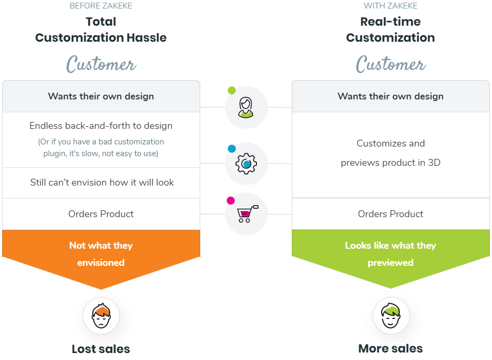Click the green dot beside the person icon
pyautogui.click(x=231, y=90)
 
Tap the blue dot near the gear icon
pyautogui.click(x=231, y=149)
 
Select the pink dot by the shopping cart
pyautogui.click(x=231, y=201)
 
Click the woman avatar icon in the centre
pyautogui.click(x=246, y=107)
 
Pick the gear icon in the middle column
pyautogui.click(x=246, y=164)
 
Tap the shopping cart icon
pyautogui.click(x=246, y=214)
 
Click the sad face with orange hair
pyautogui.click(x=101, y=316)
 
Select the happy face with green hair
pyautogui.click(x=391, y=316)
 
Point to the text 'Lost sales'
pyautogui.click(x=101, y=349)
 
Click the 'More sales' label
pyautogui.click(x=390, y=349)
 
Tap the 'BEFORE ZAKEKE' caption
pyautogui.click(x=101, y=6)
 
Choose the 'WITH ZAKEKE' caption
pyautogui.click(x=390, y=6)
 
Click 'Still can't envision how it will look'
pyautogui.click(x=102, y=182)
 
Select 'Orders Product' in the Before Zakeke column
pyautogui.click(x=101, y=214)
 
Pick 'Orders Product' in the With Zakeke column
pyautogui.click(x=390, y=214)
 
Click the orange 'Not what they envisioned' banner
pyautogui.click(x=101, y=254)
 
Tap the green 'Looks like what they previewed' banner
pyautogui.click(x=390, y=254)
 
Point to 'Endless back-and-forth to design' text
pyautogui.click(x=101, y=126)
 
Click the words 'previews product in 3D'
pyautogui.click(x=390, y=163)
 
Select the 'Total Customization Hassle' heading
pyautogui.click(x=101, y=30)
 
